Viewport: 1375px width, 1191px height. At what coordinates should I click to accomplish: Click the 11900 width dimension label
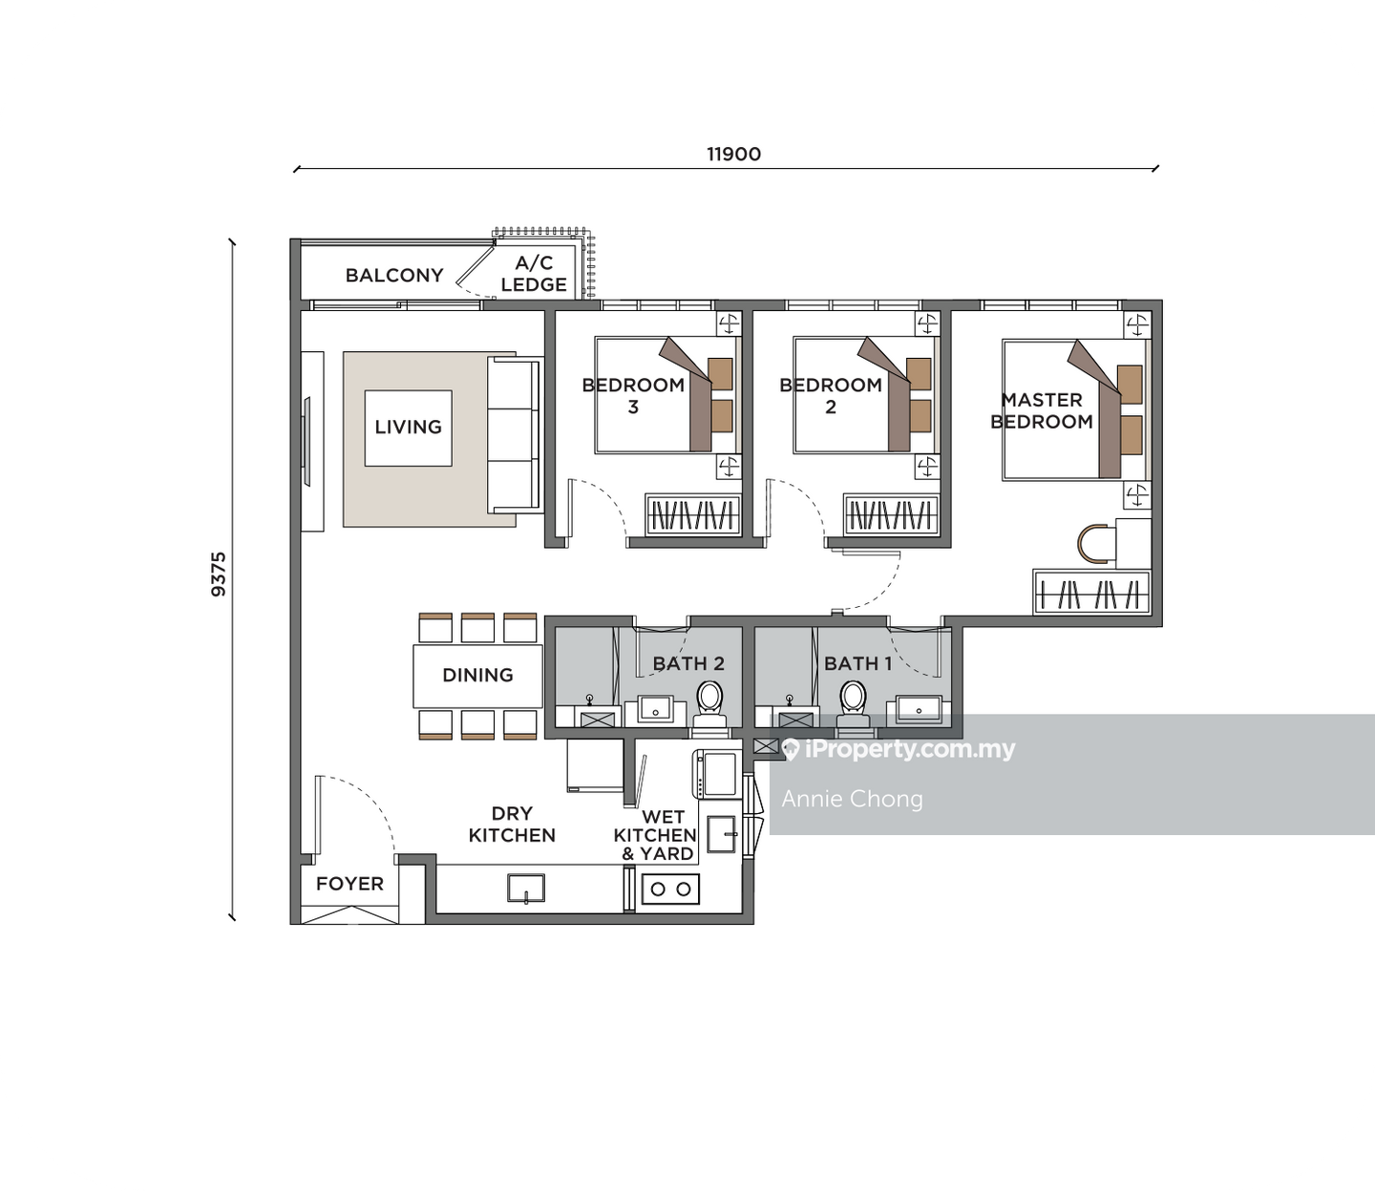733,155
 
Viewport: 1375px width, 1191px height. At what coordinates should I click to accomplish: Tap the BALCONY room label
394,276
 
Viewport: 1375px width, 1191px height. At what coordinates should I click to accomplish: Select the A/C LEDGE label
534,275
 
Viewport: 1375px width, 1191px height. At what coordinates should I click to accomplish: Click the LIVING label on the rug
408,428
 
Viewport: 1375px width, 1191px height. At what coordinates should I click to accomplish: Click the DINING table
477,676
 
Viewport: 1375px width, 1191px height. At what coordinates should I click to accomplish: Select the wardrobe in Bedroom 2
890,516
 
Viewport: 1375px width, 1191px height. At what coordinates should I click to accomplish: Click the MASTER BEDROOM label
1042,411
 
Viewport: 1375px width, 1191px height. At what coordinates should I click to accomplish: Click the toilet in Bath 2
710,704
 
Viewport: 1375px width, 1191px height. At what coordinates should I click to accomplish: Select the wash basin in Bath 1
918,708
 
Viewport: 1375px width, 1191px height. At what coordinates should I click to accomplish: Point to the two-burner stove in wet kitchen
669,889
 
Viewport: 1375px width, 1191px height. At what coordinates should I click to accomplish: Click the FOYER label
349,884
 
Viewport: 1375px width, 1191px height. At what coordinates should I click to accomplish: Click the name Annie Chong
852,799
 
